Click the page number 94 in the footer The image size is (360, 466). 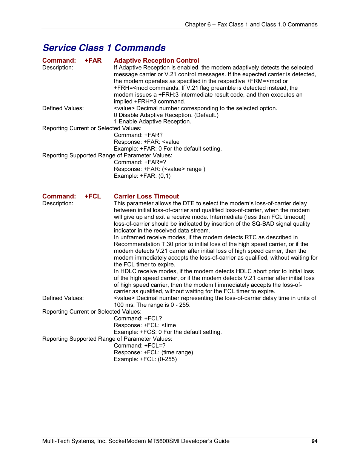tap(314, 441)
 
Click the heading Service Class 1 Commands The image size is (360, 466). tap(104, 48)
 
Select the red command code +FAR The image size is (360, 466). tap(93, 60)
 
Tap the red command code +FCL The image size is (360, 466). tap(92, 196)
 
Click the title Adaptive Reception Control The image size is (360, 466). tap(156, 60)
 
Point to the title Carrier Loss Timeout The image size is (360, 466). tap(146, 196)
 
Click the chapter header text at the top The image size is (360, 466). tap(251, 25)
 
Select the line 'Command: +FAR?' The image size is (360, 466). tap(138, 135)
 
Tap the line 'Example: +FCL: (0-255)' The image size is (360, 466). tap(145, 359)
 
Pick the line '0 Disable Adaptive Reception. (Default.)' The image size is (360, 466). tap(166, 115)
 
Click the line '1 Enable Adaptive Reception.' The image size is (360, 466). tap(152, 121)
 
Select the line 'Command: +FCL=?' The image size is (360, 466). tap(140, 346)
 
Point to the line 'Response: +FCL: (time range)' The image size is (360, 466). tap(153, 352)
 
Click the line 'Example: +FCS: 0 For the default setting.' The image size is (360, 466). tap(168, 332)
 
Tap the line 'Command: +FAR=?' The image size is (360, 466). tap(140, 162)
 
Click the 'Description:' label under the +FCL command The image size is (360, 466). tap(58, 203)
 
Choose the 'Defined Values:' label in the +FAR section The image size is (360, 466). tap(63, 108)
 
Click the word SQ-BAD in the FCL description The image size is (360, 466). tap(262, 224)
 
